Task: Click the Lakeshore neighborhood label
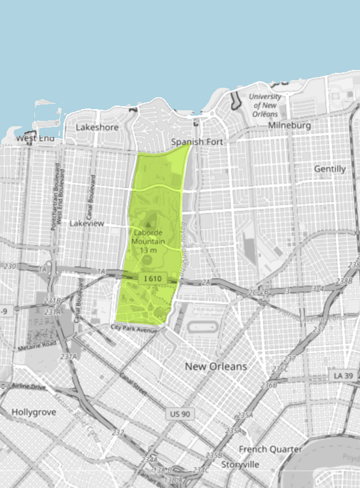click(x=97, y=127)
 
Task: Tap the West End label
click(x=35, y=138)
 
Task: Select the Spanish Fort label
click(x=195, y=142)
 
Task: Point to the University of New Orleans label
click(x=265, y=106)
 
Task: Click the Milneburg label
click(x=289, y=125)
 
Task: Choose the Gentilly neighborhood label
click(x=329, y=169)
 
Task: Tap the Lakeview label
click(x=87, y=224)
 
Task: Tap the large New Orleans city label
click(x=215, y=366)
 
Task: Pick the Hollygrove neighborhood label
click(x=33, y=411)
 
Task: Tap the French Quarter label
click(x=270, y=449)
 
